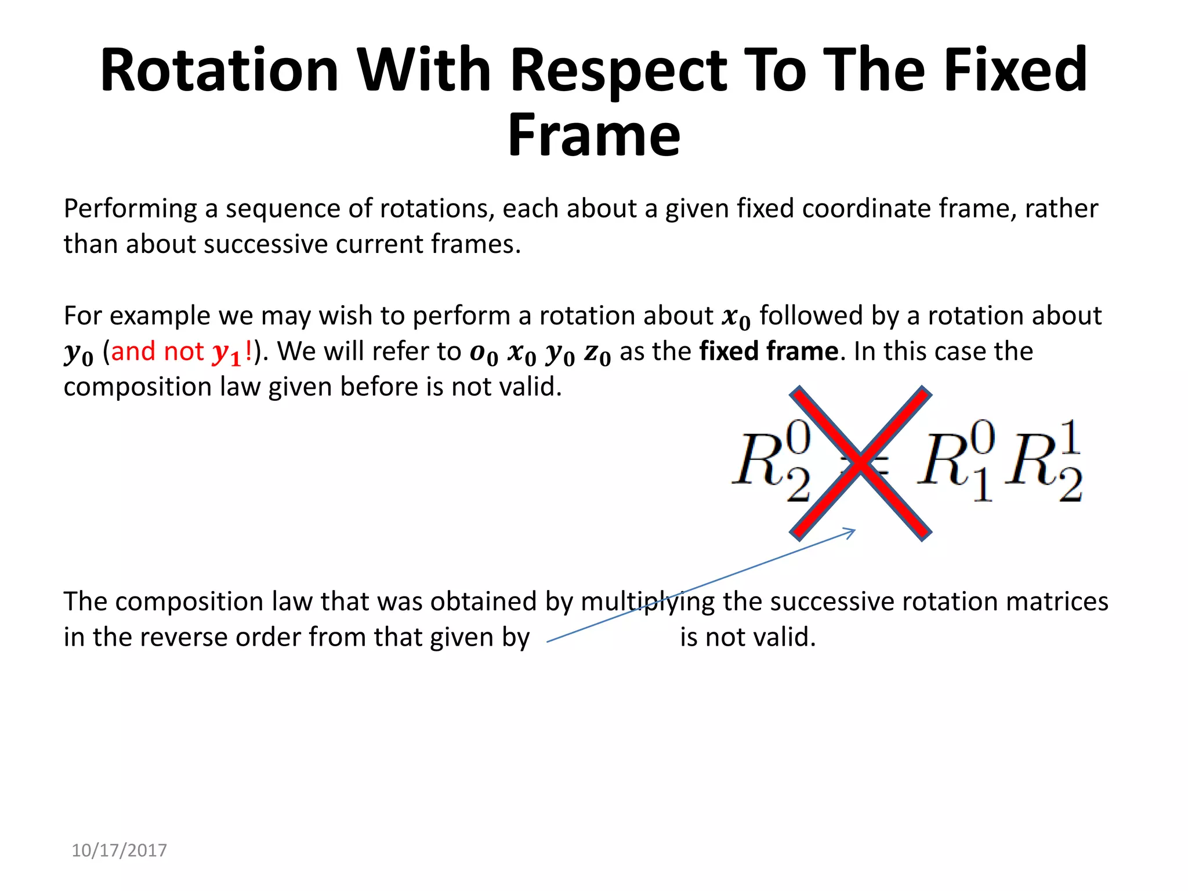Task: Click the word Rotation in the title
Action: pos(219,70)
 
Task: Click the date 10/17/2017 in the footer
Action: pos(119,850)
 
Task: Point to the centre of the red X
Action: pos(861,463)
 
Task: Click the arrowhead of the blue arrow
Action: pos(851,531)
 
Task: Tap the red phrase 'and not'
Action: pos(157,352)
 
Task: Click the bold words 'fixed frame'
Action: pos(769,352)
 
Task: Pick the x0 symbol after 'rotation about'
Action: pos(736,317)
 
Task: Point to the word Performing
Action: pos(130,208)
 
